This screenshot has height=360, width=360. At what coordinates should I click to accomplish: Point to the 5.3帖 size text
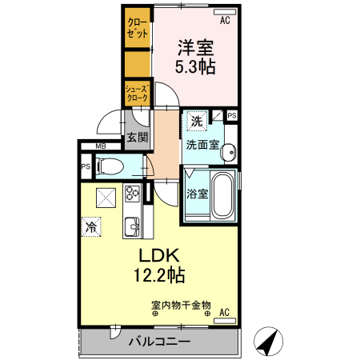195,67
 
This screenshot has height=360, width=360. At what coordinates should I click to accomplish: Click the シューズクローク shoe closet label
136,93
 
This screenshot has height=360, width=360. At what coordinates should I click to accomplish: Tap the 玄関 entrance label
137,137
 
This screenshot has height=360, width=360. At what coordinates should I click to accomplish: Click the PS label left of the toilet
85,167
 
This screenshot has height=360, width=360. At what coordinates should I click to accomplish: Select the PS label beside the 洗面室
232,116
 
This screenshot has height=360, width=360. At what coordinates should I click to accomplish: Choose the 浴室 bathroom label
197,194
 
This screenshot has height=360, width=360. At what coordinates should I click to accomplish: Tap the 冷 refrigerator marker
92,227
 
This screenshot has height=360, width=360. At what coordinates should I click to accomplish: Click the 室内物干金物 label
181,305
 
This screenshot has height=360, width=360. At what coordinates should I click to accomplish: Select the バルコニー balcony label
160,342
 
